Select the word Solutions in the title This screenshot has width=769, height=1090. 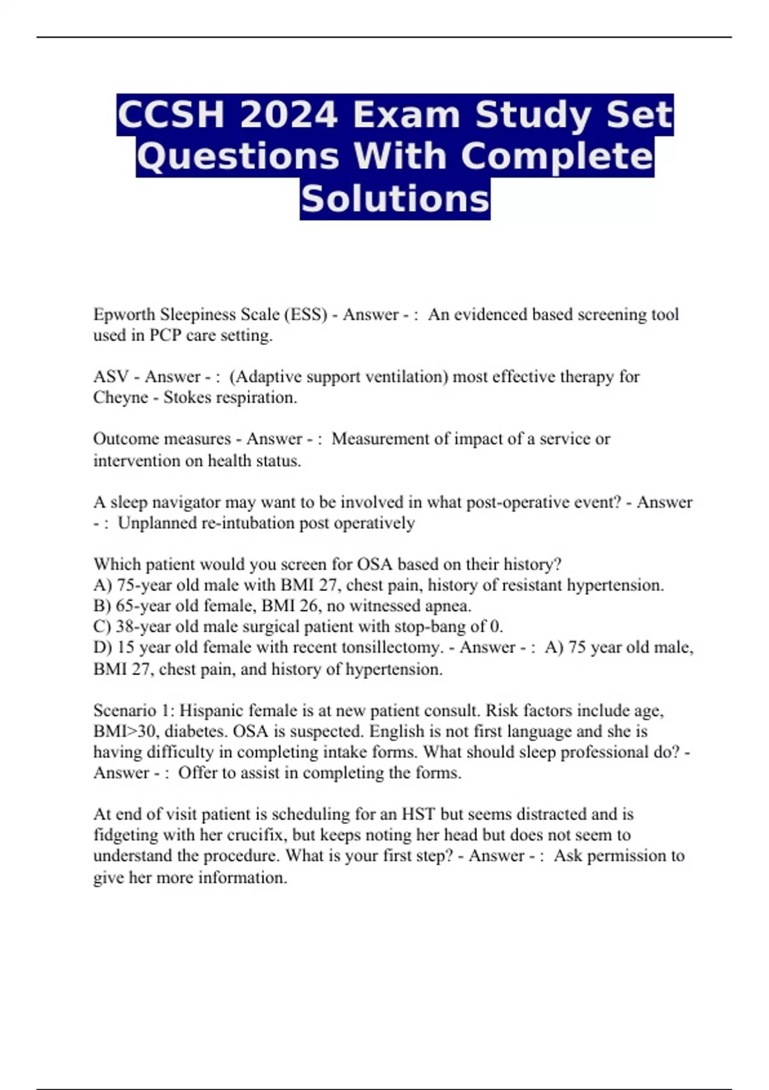coord(395,199)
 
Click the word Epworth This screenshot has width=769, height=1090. coord(124,315)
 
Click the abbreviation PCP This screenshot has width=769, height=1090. coord(165,335)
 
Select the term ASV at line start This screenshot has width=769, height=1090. coord(111,376)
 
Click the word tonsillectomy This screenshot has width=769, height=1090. coord(392,648)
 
